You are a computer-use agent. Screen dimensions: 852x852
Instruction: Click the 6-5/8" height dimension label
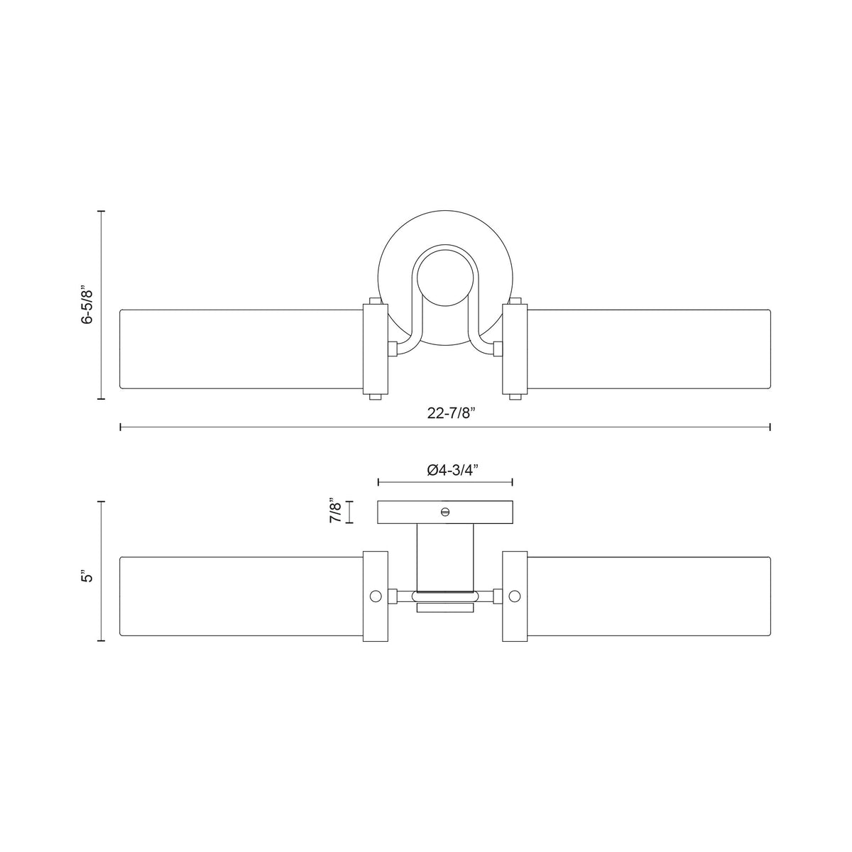(x=88, y=305)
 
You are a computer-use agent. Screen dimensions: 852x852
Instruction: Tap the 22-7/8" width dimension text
(x=451, y=413)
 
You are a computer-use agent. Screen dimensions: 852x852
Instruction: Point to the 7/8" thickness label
(x=337, y=512)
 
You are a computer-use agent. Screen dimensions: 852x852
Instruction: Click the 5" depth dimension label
(x=88, y=577)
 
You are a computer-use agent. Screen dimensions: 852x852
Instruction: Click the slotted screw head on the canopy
(x=445, y=512)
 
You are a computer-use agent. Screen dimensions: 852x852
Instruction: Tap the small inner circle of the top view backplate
(x=445, y=278)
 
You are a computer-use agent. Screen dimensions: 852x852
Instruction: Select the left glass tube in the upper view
(x=241, y=349)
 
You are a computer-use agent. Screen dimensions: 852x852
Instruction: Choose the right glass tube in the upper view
(x=649, y=349)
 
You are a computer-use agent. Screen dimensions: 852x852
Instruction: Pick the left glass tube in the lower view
(x=241, y=596)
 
